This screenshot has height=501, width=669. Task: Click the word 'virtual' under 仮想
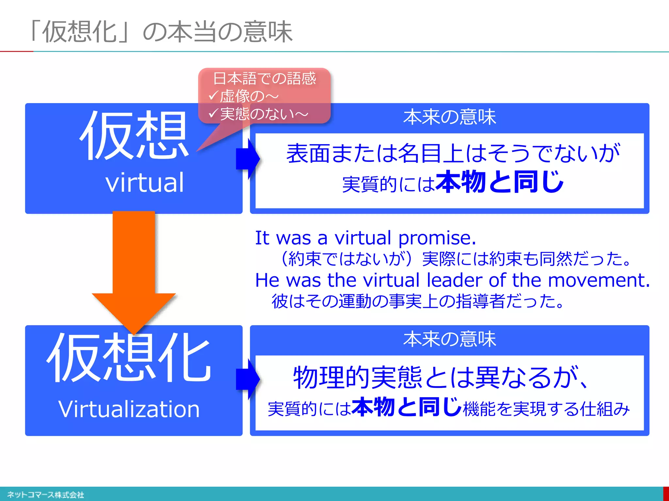tap(145, 183)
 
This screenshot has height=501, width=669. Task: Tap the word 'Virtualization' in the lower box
tap(129, 409)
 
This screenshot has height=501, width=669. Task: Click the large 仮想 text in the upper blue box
tap(134, 135)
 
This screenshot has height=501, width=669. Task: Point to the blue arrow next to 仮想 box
tap(248, 159)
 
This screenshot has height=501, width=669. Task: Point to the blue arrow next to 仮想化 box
tap(248, 379)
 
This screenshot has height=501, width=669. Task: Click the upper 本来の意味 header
tap(449, 117)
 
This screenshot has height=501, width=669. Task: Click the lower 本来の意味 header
tap(449, 339)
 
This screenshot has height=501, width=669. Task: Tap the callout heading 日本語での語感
tap(264, 79)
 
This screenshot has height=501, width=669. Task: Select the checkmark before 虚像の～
tap(213, 96)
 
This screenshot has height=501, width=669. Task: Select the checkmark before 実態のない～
tap(213, 113)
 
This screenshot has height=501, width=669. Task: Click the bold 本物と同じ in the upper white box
tap(499, 182)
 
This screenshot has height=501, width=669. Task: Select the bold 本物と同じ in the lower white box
tap(407, 407)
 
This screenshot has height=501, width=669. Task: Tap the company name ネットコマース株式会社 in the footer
tap(46, 495)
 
